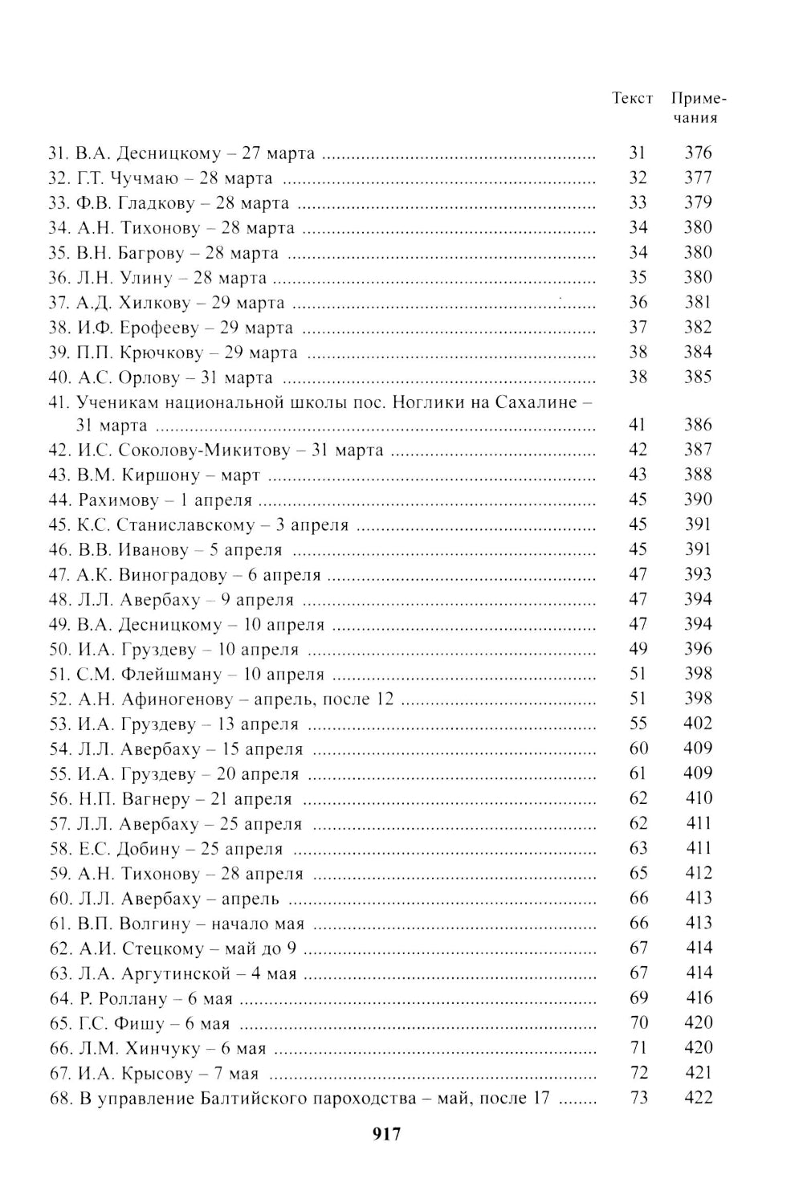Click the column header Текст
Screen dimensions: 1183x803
point(632,99)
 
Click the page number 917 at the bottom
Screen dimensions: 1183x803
point(386,1134)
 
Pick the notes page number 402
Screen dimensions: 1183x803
point(698,724)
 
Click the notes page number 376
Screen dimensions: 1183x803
point(698,153)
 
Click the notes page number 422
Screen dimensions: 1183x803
point(698,1097)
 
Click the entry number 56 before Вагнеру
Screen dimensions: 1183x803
point(59,799)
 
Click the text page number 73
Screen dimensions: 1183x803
point(638,1097)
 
